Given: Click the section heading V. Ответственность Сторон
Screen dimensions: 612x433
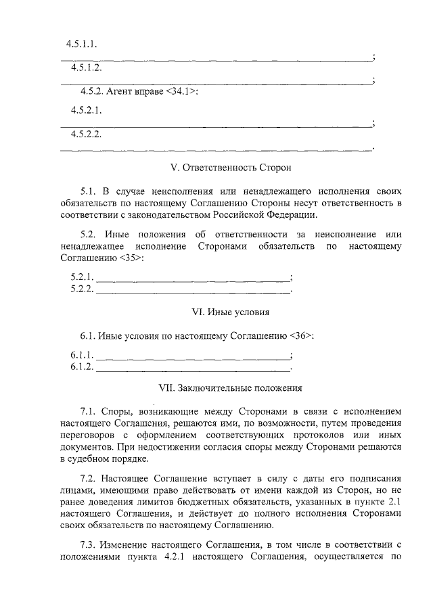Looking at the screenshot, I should [230, 166].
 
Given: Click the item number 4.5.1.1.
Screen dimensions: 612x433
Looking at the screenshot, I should [82, 44].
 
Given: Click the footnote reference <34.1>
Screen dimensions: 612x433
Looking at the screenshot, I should [181, 91].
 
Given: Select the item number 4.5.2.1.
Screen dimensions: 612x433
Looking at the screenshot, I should [86, 110].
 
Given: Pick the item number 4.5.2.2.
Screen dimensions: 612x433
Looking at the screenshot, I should [86, 134].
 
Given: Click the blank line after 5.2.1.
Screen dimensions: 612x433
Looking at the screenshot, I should [193, 279].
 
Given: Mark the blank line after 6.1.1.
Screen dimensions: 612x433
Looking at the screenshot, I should [193, 356].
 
